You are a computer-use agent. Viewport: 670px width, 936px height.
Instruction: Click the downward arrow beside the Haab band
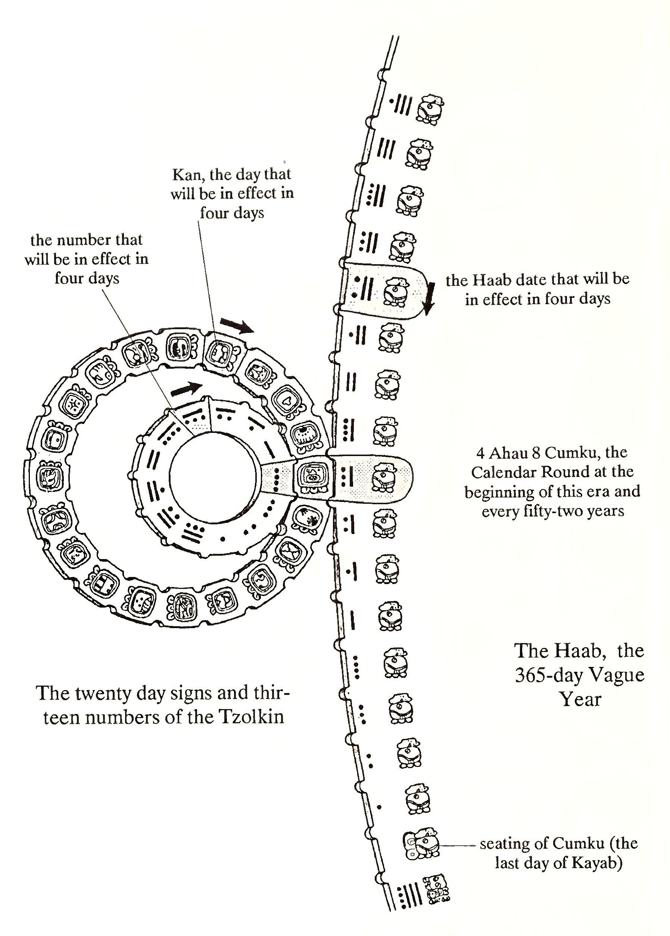(x=430, y=298)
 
